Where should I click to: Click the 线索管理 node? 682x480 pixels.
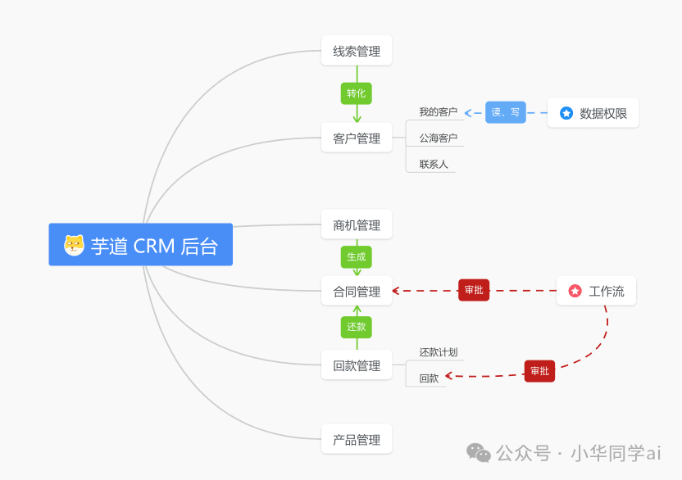(357, 51)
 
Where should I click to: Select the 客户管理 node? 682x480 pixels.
(357, 138)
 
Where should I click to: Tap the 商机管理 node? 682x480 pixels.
(357, 225)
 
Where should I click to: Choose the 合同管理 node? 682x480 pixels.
(357, 291)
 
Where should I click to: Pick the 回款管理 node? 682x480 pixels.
(357, 365)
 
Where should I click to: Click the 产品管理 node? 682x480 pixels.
(357, 440)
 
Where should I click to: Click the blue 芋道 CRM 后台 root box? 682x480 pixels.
(140, 245)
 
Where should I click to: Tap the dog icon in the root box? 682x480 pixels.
(75, 245)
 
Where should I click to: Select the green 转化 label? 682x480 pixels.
(357, 93)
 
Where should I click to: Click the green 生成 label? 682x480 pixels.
(357, 256)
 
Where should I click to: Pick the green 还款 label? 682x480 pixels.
(357, 327)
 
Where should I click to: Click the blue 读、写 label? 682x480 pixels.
(505, 112)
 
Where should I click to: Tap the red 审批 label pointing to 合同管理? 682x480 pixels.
(474, 290)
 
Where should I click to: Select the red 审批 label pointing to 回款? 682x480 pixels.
(539, 371)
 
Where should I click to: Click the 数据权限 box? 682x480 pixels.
(593, 113)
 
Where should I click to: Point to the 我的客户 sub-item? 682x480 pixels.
(438, 112)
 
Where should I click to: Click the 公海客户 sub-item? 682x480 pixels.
(438, 138)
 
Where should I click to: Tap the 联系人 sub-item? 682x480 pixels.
(434, 165)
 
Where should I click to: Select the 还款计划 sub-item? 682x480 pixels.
(438, 352)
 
